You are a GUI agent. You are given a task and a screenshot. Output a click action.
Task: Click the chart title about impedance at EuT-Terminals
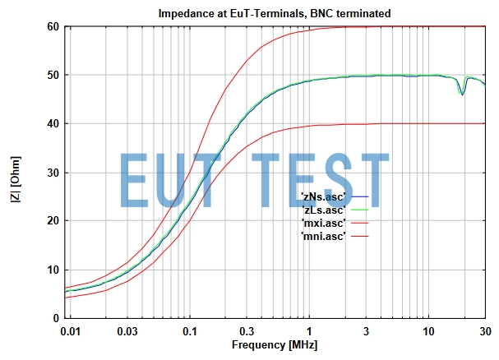(x=275, y=13)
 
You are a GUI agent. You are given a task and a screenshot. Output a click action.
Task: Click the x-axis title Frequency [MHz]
(x=274, y=344)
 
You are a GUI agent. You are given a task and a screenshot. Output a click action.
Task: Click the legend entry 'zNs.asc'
(x=323, y=196)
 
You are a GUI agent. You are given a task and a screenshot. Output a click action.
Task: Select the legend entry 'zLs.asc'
(x=323, y=210)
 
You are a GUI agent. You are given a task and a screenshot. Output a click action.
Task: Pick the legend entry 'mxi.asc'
(x=323, y=223)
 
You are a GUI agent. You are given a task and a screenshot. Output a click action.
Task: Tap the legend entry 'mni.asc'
(x=323, y=236)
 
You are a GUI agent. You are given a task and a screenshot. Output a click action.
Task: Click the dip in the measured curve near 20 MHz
(x=463, y=94)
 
